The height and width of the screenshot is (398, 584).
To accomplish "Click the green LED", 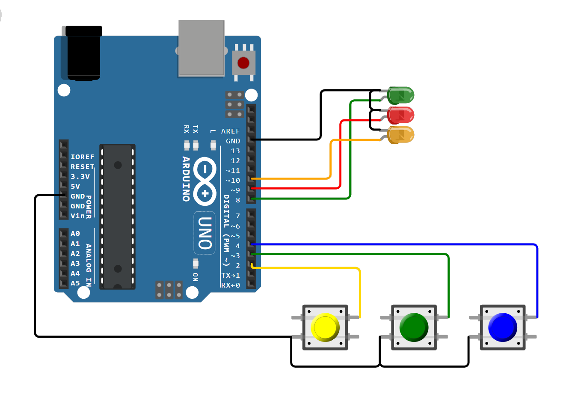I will click(x=400, y=95).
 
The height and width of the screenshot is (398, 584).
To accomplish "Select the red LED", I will click(x=400, y=115).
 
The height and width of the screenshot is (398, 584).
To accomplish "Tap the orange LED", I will click(x=400, y=135).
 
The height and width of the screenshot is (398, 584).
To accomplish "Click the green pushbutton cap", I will click(x=414, y=327).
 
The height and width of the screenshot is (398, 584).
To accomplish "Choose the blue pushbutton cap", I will click(x=503, y=327).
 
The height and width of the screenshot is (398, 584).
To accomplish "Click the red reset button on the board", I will click(x=243, y=63).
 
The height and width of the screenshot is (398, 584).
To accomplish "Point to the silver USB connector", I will click(x=202, y=48).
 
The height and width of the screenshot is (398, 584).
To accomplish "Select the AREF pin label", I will click(x=230, y=131).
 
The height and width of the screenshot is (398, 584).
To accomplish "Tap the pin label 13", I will click(x=235, y=151).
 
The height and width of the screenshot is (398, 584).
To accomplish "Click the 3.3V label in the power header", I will click(x=80, y=177).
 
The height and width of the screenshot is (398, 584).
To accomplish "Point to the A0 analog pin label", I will click(x=75, y=234).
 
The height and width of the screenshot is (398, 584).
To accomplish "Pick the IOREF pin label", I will click(x=82, y=157).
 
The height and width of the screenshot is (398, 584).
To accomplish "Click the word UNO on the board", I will click(x=205, y=233).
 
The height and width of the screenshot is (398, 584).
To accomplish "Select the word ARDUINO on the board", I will click(x=186, y=178).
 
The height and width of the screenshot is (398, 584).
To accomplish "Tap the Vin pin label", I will click(x=77, y=216).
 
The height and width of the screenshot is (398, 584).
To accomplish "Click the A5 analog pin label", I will click(x=75, y=283).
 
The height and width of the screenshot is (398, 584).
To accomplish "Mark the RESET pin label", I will click(x=82, y=167).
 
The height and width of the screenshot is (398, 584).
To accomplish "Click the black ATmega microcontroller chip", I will click(x=118, y=217).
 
